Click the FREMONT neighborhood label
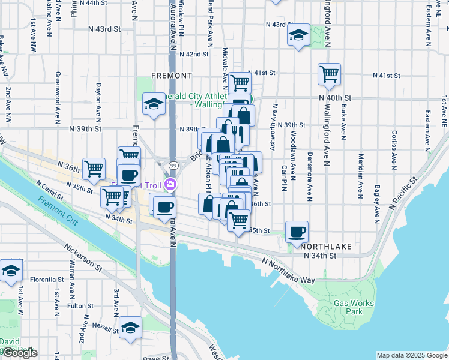[172, 76]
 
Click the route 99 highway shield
[173, 165]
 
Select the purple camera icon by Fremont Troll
[171, 185]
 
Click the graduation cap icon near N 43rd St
[298, 35]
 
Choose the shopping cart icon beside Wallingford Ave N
[329, 74]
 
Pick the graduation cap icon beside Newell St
[130, 328]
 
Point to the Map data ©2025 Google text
[411, 355]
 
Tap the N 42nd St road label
[197, 54]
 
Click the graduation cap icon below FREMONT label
[154, 104]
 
